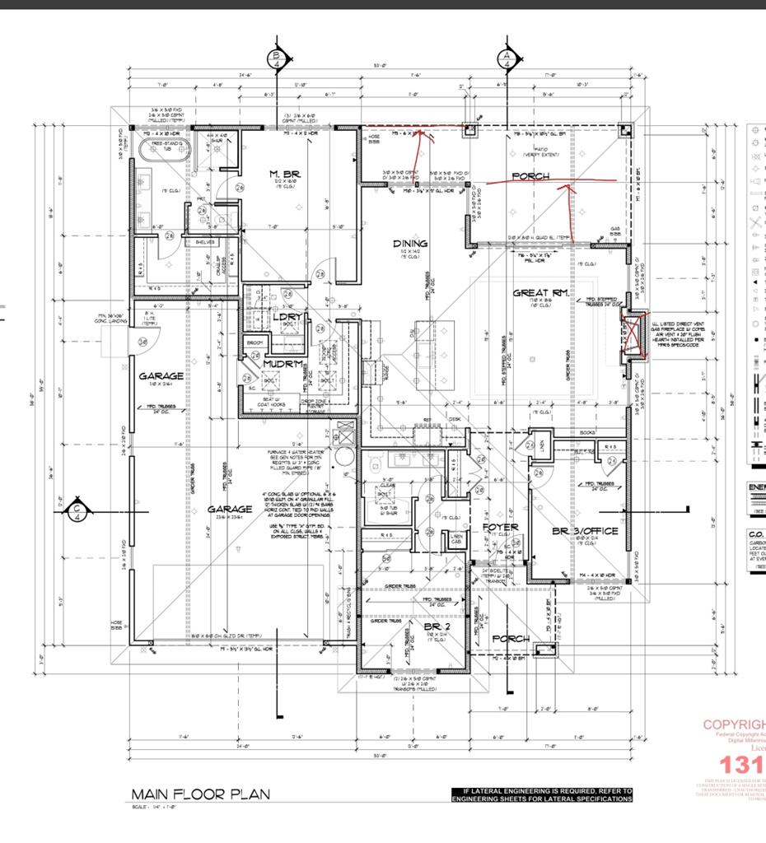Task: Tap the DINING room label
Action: [x=409, y=244]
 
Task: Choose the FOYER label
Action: [x=500, y=527]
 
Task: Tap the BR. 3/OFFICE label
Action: [x=586, y=531]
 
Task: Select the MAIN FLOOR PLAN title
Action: [x=200, y=794]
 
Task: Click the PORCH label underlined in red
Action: [x=530, y=176]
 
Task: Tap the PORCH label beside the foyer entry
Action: [x=511, y=639]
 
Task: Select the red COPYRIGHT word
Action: [x=733, y=724]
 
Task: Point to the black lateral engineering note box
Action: [x=542, y=794]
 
